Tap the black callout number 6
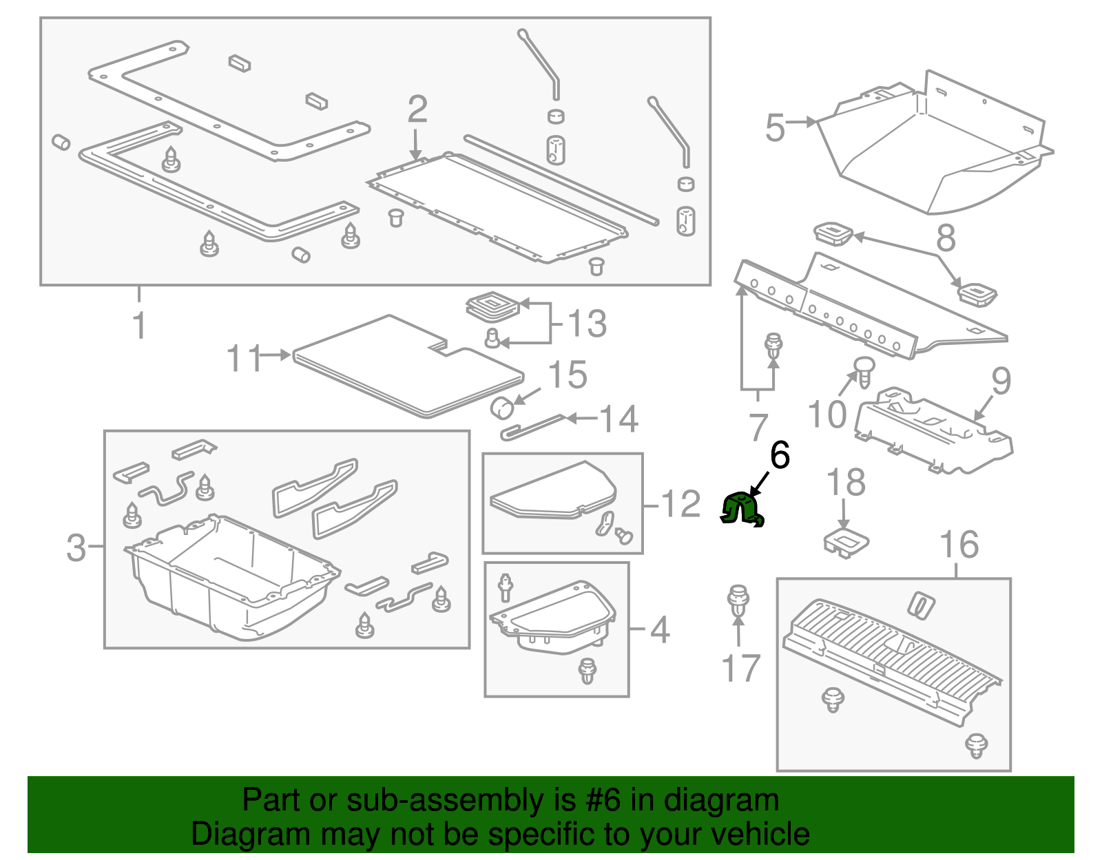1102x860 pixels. [780, 456]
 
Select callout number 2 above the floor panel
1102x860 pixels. [417, 110]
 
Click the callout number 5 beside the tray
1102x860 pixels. [776, 128]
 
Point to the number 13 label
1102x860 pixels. [587, 324]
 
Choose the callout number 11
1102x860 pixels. [244, 359]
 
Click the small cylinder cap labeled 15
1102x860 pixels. [503, 408]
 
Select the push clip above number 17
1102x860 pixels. [738, 600]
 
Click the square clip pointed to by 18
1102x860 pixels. [846, 541]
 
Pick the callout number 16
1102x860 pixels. [959, 545]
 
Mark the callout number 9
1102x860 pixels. [1001, 380]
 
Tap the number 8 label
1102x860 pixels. [946, 238]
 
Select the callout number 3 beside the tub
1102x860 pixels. [76, 548]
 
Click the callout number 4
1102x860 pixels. [660, 630]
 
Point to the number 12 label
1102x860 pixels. [680, 505]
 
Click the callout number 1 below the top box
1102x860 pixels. [140, 325]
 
